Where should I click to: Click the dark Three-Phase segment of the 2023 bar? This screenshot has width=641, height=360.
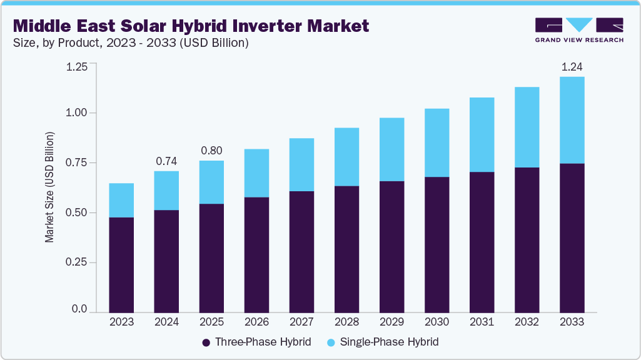[x=121, y=265]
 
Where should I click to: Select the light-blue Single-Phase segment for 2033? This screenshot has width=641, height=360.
[x=572, y=120]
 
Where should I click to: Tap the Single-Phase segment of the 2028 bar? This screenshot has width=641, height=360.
[x=346, y=157]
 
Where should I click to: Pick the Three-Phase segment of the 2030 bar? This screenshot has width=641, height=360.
[x=437, y=244]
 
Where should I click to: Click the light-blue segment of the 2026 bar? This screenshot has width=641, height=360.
[x=256, y=173]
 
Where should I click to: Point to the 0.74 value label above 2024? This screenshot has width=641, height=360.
[x=166, y=161]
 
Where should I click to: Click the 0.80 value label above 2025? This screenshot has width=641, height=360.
[x=211, y=151]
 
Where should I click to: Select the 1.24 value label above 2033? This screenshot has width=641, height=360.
[x=572, y=66]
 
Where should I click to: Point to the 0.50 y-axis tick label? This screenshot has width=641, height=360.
[x=76, y=212]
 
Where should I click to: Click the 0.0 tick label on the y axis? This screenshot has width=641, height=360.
[x=79, y=309]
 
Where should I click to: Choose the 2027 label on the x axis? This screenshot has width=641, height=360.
[x=301, y=322]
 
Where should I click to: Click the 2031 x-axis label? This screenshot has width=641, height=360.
[x=482, y=322]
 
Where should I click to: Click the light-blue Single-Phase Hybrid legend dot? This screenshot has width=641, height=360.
[x=332, y=342]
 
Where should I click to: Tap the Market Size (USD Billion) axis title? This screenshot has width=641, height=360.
[x=49, y=187]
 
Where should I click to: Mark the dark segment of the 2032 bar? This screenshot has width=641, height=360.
[x=527, y=240]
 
